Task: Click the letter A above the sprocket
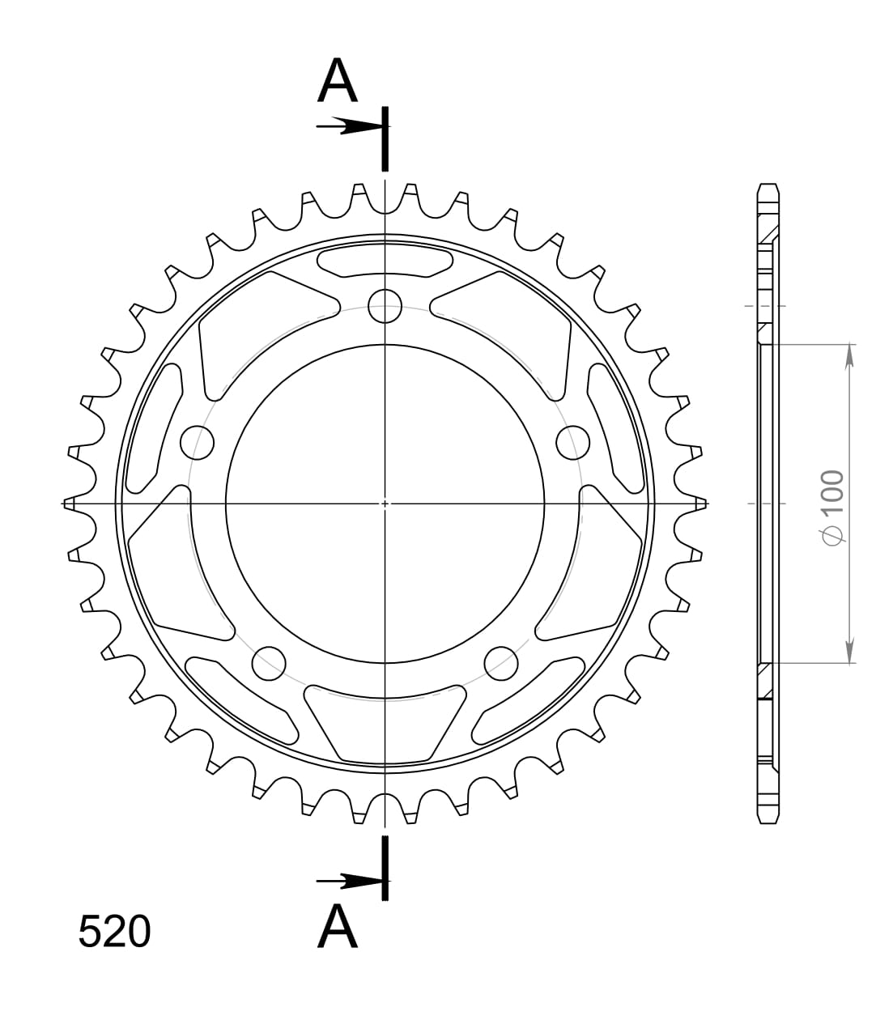(338, 82)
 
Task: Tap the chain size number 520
(114, 932)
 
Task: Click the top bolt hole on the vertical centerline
(385, 305)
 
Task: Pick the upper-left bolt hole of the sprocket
(197, 442)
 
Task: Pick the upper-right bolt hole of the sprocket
(573, 441)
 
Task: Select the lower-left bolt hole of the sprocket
(269, 664)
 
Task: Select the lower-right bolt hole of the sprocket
(501, 664)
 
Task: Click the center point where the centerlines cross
(385, 504)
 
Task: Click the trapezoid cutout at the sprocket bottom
(385, 725)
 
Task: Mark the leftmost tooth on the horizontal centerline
(70, 504)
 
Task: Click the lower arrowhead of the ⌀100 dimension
(849, 652)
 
